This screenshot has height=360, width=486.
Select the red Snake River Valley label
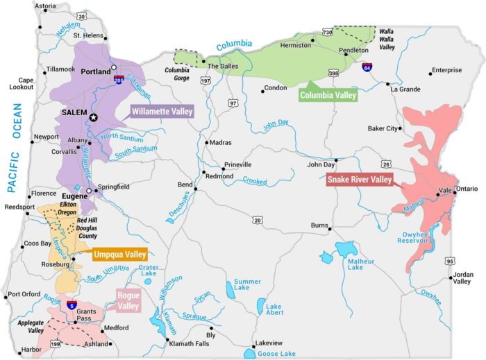[360, 180]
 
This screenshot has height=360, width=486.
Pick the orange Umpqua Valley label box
[119, 254]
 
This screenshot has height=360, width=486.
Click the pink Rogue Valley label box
[128, 300]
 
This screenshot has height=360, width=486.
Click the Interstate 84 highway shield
[367, 68]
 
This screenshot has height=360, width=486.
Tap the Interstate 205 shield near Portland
[119, 80]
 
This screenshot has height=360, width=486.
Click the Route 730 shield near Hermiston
[327, 32]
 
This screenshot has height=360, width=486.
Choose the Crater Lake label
[149, 271]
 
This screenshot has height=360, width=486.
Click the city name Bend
[185, 185]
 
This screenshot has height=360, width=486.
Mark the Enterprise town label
[446, 70]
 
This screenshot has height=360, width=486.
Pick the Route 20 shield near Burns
[258, 221]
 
